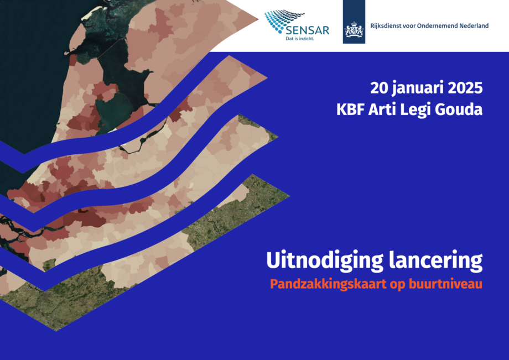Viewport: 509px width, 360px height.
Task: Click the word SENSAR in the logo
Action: point(308,30)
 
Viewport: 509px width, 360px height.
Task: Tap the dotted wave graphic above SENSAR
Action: point(283,20)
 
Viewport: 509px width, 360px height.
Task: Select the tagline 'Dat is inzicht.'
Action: point(300,39)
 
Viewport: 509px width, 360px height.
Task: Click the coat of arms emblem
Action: point(354,30)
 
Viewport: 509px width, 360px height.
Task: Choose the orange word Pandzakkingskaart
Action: point(328,284)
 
